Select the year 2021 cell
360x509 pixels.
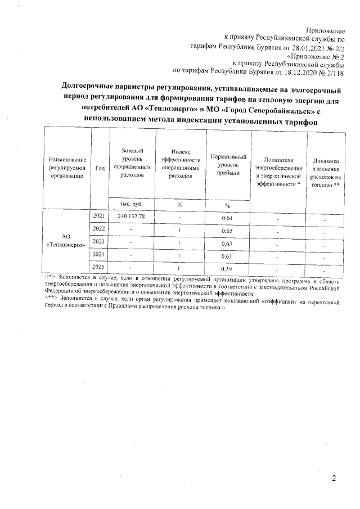(x=98, y=215)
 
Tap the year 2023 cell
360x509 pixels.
(x=99, y=242)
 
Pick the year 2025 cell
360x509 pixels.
(x=99, y=267)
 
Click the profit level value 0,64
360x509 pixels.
(x=227, y=218)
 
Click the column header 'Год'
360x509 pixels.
(x=100, y=168)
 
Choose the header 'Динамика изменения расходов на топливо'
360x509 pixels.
(x=324, y=168)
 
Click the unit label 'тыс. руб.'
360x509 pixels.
(x=132, y=204)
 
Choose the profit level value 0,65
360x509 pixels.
(x=227, y=231)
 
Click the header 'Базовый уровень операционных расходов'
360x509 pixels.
(x=132, y=163)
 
